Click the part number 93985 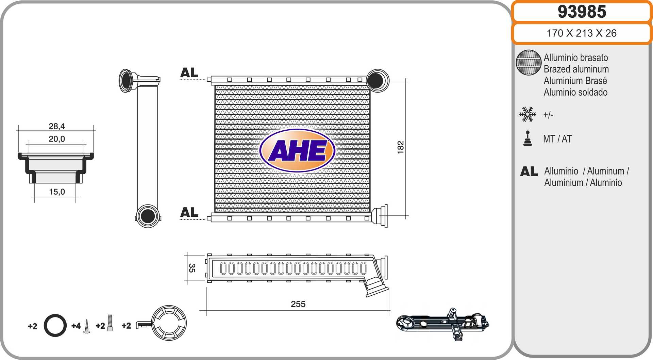582,12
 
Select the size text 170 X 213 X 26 582,33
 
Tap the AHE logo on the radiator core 297,150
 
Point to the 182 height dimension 400,147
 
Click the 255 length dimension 298,304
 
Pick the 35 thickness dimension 192,268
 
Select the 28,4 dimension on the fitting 56,126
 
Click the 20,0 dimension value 56,139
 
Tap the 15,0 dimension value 57,192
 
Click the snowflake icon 528,114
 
